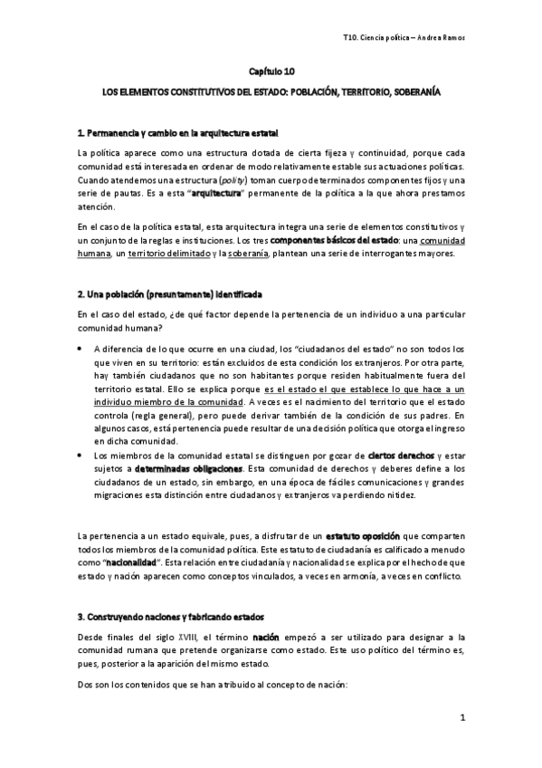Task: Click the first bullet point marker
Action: click(x=81, y=349)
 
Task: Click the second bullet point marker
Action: click(x=81, y=455)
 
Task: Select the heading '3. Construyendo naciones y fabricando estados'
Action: click(x=170, y=617)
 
